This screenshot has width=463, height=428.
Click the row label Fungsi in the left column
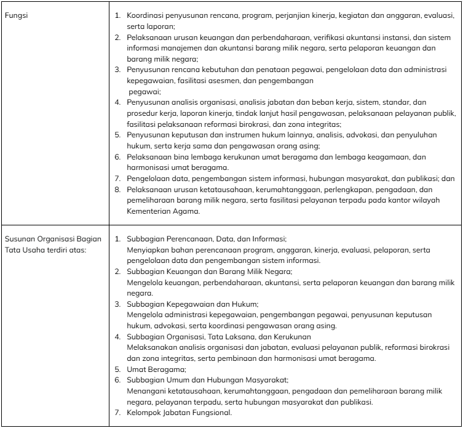14,14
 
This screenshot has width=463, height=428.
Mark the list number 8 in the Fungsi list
119,190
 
